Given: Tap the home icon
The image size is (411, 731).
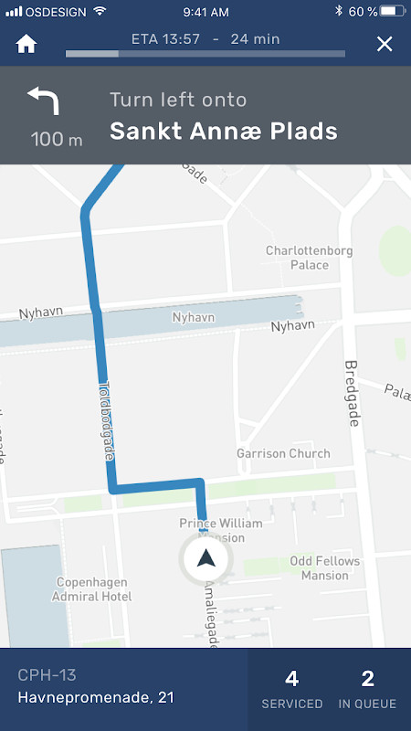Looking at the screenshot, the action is pyautogui.click(x=26, y=44).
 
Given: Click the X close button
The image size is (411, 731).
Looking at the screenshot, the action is pyautogui.click(x=385, y=44).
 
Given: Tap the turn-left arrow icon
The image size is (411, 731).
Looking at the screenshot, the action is pyautogui.click(x=43, y=101).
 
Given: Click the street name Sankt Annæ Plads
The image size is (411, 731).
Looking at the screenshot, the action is pyautogui.click(x=224, y=131).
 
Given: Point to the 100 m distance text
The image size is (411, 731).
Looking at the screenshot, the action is pyautogui.click(x=57, y=140).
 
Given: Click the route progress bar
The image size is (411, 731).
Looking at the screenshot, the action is pyautogui.click(x=205, y=54).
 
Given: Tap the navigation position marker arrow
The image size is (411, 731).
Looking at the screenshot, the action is pyautogui.click(x=206, y=559).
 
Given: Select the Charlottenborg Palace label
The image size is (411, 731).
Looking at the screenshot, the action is pyautogui.click(x=309, y=258).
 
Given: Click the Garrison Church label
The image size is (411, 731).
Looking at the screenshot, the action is pyautogui.click(x=283, y=453).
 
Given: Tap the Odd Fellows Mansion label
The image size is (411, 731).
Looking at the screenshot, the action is pyautogui.click(x=325, y=567).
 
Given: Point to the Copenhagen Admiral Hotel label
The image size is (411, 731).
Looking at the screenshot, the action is pyautogui.click(x=94, y=589).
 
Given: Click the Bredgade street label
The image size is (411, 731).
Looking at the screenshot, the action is pyautogui.click(x=352, y=393).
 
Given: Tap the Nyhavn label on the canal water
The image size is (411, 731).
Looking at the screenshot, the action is pyautogui.click(x=194, y=317).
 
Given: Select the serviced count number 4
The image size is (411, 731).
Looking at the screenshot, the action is pyautogui.click(x=292, y=678).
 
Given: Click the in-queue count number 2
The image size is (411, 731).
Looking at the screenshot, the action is pyautogui.click(x=367, y=678).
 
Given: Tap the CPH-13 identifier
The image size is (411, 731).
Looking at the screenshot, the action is pyautogui.click(x=47, y=675).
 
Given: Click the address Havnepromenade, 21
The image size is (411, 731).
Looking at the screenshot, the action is pyautogui.click(x=95, y=698).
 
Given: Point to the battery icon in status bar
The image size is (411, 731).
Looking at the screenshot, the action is pyautogui.click(x=391, y=11).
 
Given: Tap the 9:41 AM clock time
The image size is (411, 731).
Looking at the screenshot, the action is pyautogui.click(x=205, y=11).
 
